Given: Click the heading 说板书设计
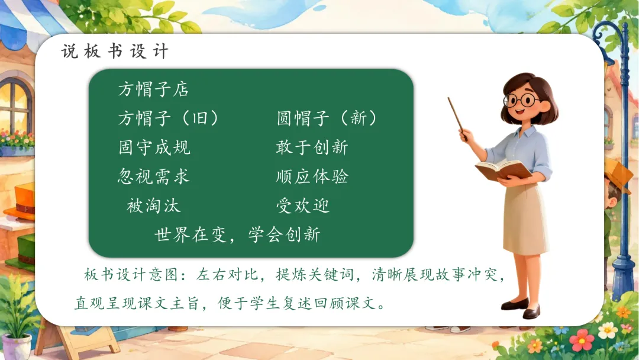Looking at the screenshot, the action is click(x=115, y=52).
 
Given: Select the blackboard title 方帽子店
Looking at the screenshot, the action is click(x=154, y=89).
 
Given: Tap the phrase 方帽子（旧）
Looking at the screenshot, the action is click(x=168, y=118).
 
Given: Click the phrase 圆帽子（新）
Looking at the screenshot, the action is click(x=327, y=118).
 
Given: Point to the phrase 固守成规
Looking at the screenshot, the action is click(x=154, y=147).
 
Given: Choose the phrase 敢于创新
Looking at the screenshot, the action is click(x=312, y=147).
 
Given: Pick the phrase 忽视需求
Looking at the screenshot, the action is click(x=154, y=176).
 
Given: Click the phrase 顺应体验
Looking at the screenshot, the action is click(x=312, y=176).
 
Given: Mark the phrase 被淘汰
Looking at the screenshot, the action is click(x=153, y=205).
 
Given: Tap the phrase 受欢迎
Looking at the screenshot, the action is click(x=303, y=205).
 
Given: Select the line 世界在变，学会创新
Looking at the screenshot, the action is click(x=238, y=234).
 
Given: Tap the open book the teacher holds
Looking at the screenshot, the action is click(x=504, y=169).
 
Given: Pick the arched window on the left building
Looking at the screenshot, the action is click(x=15, y=105).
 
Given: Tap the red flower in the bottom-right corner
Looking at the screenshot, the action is click(x=582, y=340).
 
